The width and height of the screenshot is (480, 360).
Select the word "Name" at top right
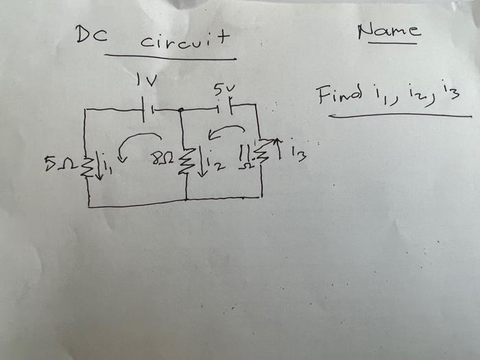pyautogui.click(x=389, y=31)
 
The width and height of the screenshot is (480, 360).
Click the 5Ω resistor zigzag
pyautogui.click(x=86, y=165)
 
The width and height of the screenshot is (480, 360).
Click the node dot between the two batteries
pyautogui.click(x=180, y=110)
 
